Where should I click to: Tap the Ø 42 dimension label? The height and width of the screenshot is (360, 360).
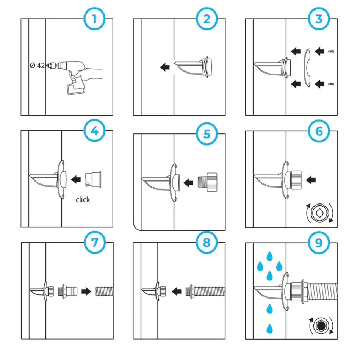click(x=38, y=65)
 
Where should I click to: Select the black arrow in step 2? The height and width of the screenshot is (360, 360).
click(x=164, y=67)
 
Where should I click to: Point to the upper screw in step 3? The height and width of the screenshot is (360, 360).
click(x=331, y=51)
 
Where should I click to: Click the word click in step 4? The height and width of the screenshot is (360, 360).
click(x=83, y=200)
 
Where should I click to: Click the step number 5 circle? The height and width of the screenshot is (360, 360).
click(x=207, y=133)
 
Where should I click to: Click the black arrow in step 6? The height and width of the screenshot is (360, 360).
click(x=311, y=180)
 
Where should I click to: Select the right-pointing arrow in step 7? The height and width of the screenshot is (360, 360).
click(x=86, y=291)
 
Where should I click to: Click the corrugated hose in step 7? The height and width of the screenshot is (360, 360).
click(x=104, y=291)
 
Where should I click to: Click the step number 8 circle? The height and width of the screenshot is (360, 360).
click(x=207, y=243)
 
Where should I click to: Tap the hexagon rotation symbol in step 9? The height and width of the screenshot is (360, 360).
click(x=321, y=326)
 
